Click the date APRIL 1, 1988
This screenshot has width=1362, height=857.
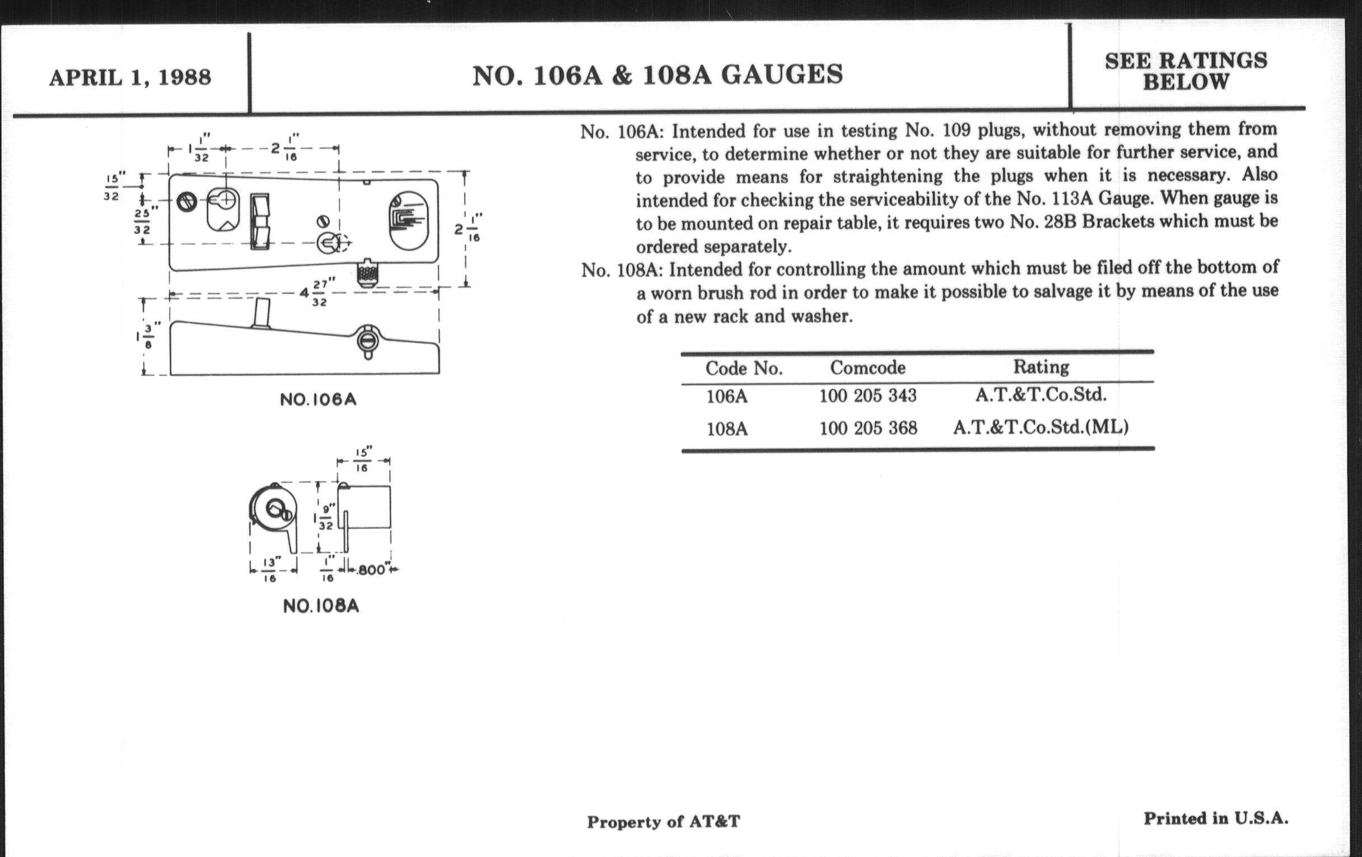click(130, 77)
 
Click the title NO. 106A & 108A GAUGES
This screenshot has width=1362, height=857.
click(657, 74)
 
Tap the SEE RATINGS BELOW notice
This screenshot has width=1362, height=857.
click(1186, 71)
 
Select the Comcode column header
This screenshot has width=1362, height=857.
click(867, 367)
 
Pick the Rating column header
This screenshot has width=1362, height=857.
click(1041, 366)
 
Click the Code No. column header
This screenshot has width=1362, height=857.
click(744, 368)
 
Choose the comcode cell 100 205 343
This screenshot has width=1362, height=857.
click(867, 395)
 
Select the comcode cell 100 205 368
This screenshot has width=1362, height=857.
click(868, 427)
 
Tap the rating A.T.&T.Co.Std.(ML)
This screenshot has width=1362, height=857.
click(1041, 426)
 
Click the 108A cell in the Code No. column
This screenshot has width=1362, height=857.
click(727, 429)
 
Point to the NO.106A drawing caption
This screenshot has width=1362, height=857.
click(319, 400)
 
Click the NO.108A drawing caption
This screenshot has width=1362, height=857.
click(321, 607)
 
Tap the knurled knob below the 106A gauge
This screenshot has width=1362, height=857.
click(367, 274)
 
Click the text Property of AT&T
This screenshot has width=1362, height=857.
click(664, 821)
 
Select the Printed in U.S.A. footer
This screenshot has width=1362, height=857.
click(1216, 818)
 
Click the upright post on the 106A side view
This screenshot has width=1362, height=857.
click(262, 313)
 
